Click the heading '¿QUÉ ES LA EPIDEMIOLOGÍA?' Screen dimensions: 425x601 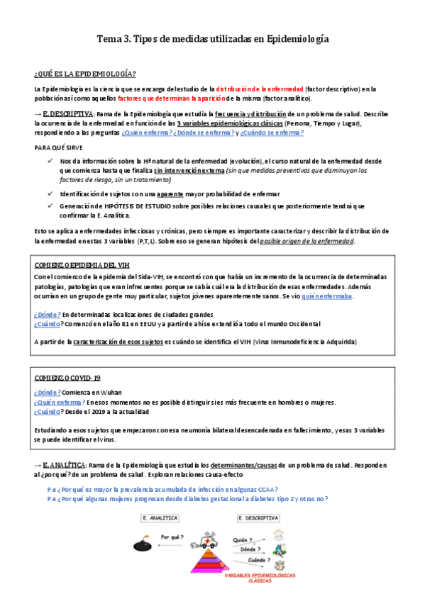pyautogui.click(x=85, y=74)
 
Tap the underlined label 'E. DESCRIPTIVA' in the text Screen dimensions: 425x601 pyautogui.click(x=67, y=113)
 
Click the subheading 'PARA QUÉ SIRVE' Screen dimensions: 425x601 pyautogui.click(x=58, y=147)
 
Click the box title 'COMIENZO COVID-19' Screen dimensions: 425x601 pyautogui.click(x=67, y=379)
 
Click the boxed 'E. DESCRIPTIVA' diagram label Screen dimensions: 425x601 pyautogui.click(x=259, y=519)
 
